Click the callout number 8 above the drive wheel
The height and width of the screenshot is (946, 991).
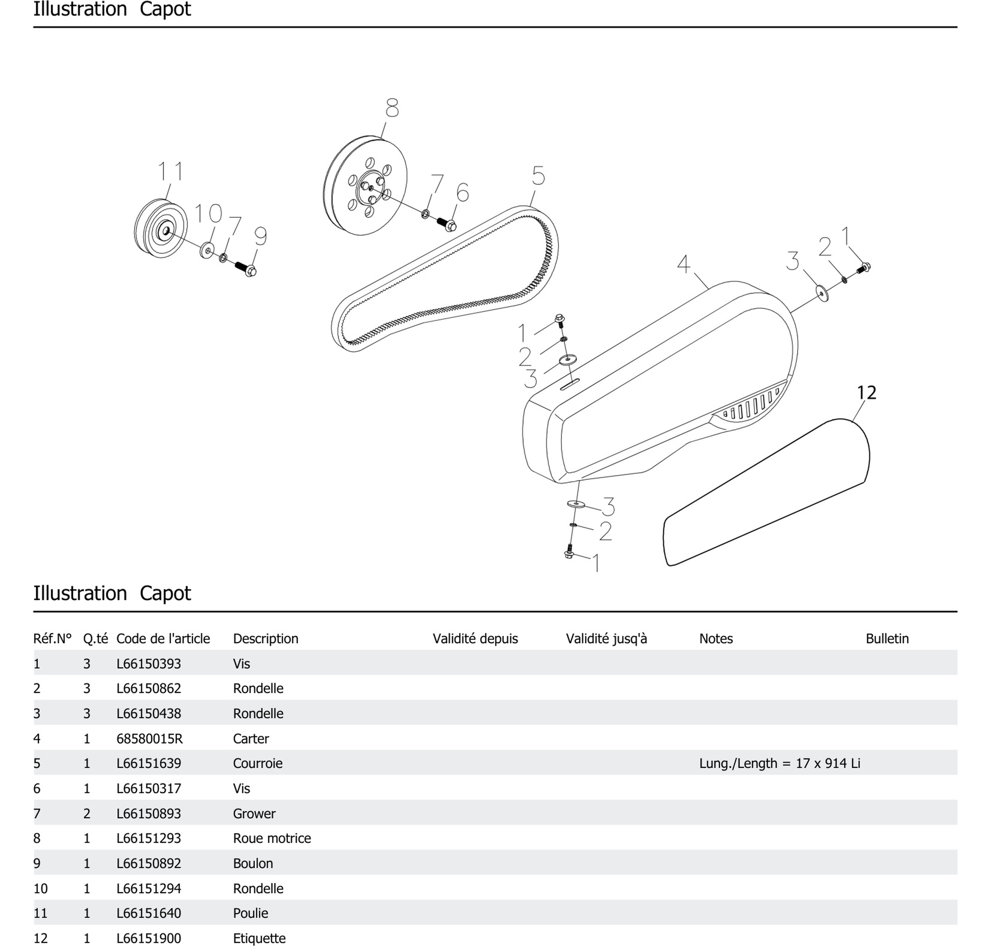(392, 108)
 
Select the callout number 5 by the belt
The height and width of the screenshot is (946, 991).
(538, 175)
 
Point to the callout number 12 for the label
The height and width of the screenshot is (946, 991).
(866, 393)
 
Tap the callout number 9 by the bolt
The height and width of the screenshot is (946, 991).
(260, 236)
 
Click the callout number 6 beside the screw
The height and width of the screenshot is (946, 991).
(463, 193)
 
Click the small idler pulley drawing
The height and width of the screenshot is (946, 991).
(160, 228)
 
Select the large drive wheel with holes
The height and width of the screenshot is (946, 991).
(365, 185)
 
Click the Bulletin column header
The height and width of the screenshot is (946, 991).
(887, 638)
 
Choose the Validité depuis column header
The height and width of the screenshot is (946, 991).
(475, 638)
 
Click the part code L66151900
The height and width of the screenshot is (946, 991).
(149, 938)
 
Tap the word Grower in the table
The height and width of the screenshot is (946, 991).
(254, 814)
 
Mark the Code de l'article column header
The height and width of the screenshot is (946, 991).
(163, 638)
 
